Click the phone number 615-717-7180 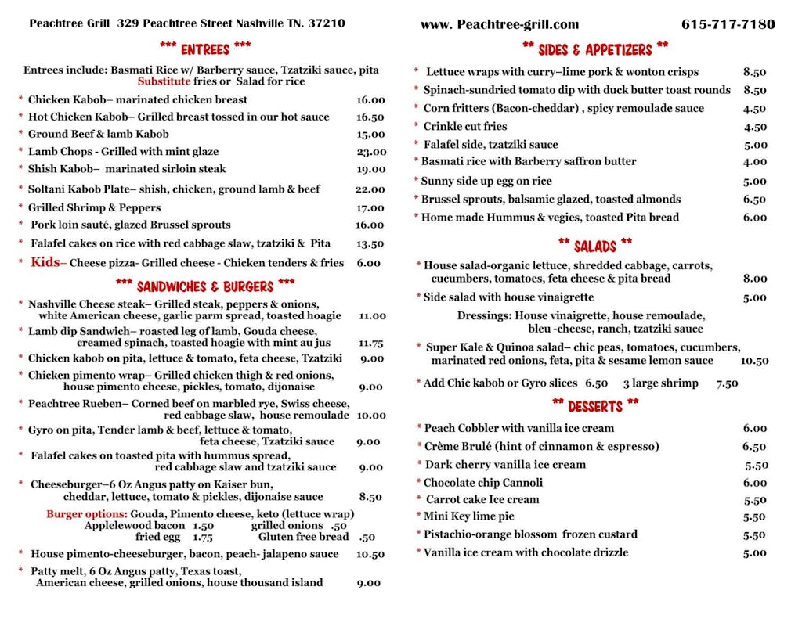[728, 24]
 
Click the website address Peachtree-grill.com [500, 24]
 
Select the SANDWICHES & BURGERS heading [204, 286]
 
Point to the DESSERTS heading [594, 405]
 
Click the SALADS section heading [594, 246]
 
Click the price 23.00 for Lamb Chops [370, 153]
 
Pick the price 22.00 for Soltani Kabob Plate [370, 189]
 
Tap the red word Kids [45, 263]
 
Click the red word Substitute [164, 81]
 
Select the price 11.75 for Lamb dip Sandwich [370, 343]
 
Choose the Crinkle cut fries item [464, 127]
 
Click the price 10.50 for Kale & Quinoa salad [754, 361]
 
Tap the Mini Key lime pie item [468, 516]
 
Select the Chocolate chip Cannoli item [482, 483]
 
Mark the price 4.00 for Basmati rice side [754, 162]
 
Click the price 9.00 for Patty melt [369, 583]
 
